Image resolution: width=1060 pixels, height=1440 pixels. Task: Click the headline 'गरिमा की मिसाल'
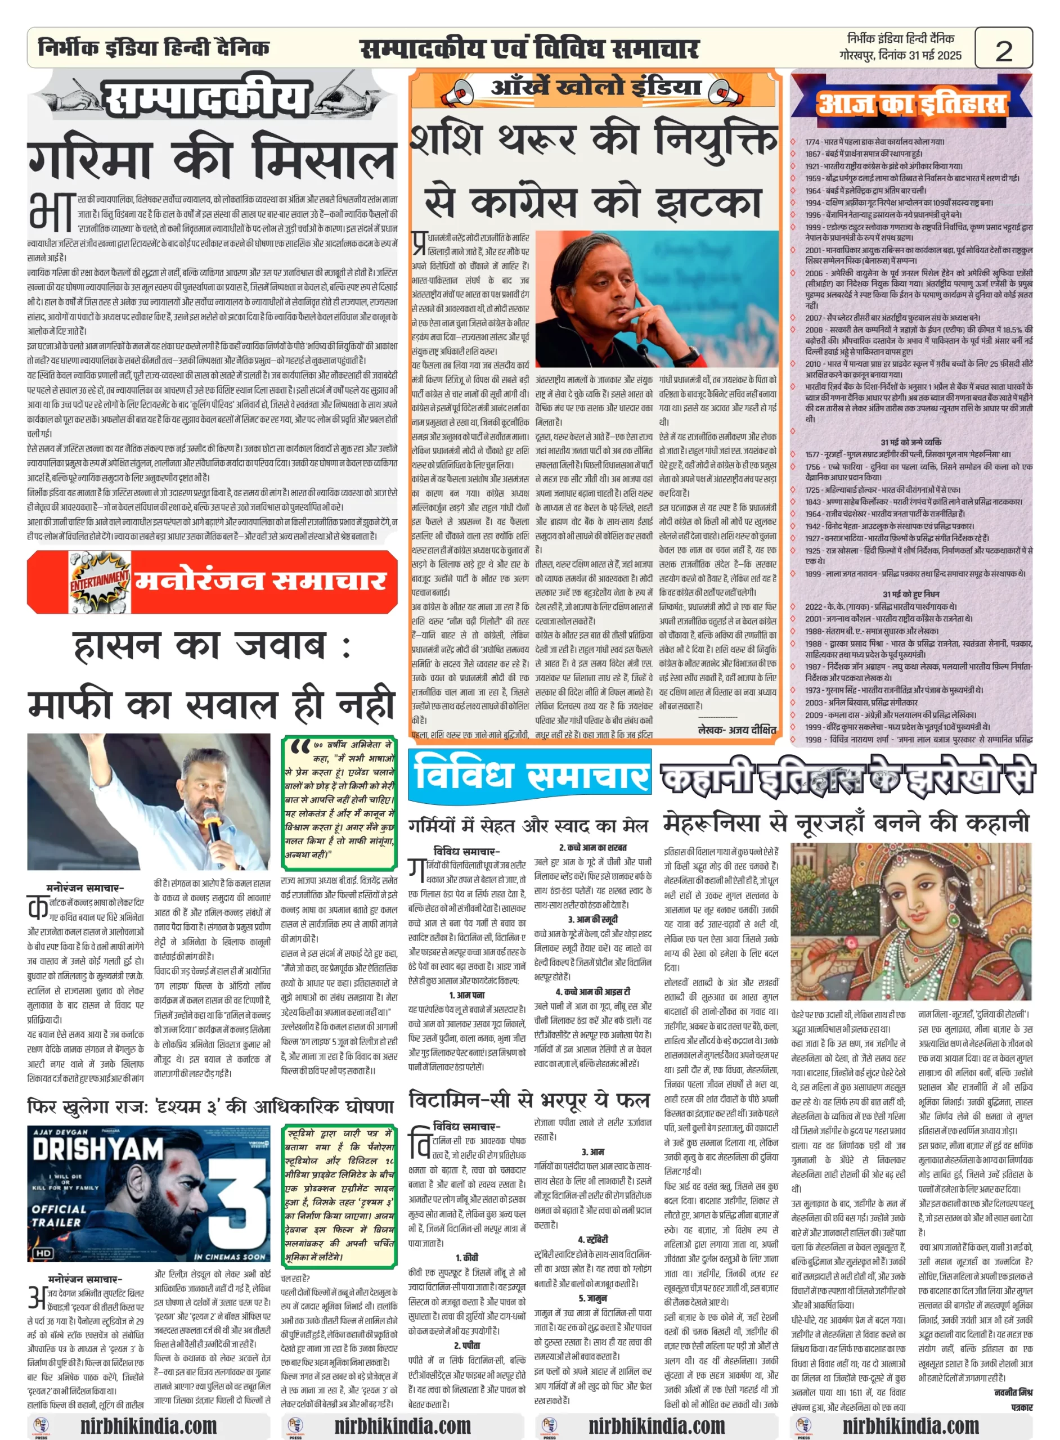tap(212, 157)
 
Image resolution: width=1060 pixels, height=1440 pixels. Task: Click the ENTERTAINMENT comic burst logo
tap(99, 581)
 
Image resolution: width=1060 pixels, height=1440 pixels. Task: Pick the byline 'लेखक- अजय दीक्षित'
tap(736, 730)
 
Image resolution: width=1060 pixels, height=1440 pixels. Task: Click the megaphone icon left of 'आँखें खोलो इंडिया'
tap(457, 92)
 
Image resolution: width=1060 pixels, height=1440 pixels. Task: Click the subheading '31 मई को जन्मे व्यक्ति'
tap(910, 442)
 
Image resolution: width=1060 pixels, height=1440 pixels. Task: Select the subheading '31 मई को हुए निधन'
tap(910, 594)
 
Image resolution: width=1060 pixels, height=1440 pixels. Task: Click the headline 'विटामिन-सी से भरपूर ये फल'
tap(529, 1099)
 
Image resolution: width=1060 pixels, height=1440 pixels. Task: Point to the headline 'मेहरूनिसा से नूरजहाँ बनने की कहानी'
tap(846, 822)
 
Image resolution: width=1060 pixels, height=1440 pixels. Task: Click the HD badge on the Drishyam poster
tap(44, 1253)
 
